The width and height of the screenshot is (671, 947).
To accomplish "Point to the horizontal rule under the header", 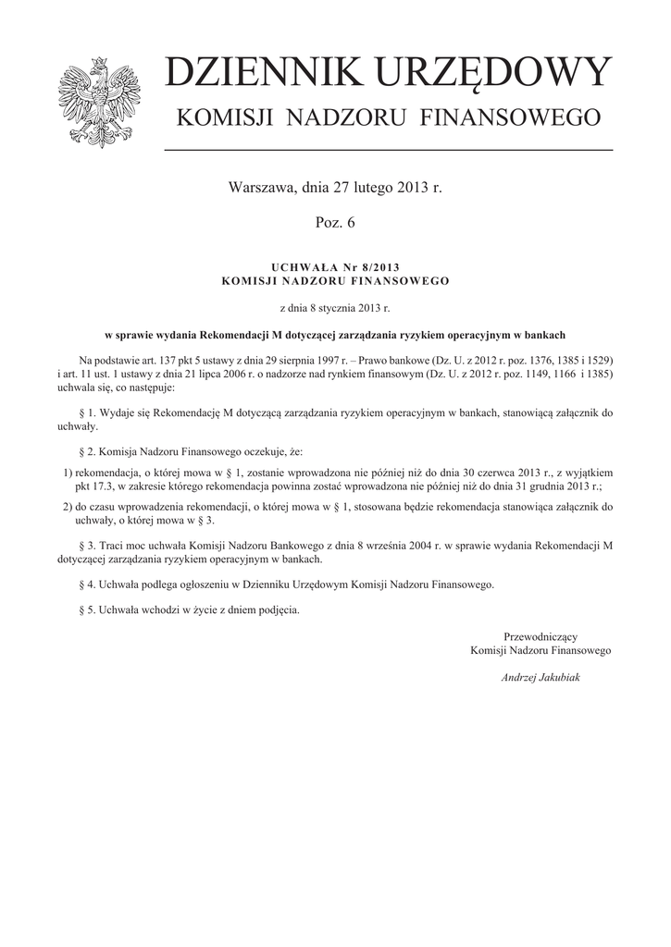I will [388, 149].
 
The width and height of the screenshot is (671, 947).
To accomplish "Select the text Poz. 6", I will [335, 223].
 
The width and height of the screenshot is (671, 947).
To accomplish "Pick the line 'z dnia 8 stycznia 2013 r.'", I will [335, 305].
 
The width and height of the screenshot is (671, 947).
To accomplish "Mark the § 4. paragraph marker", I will [90, 584].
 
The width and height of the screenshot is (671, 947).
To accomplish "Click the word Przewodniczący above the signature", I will [541, 636].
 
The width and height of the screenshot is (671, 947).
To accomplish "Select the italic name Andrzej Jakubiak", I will [541, 678].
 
